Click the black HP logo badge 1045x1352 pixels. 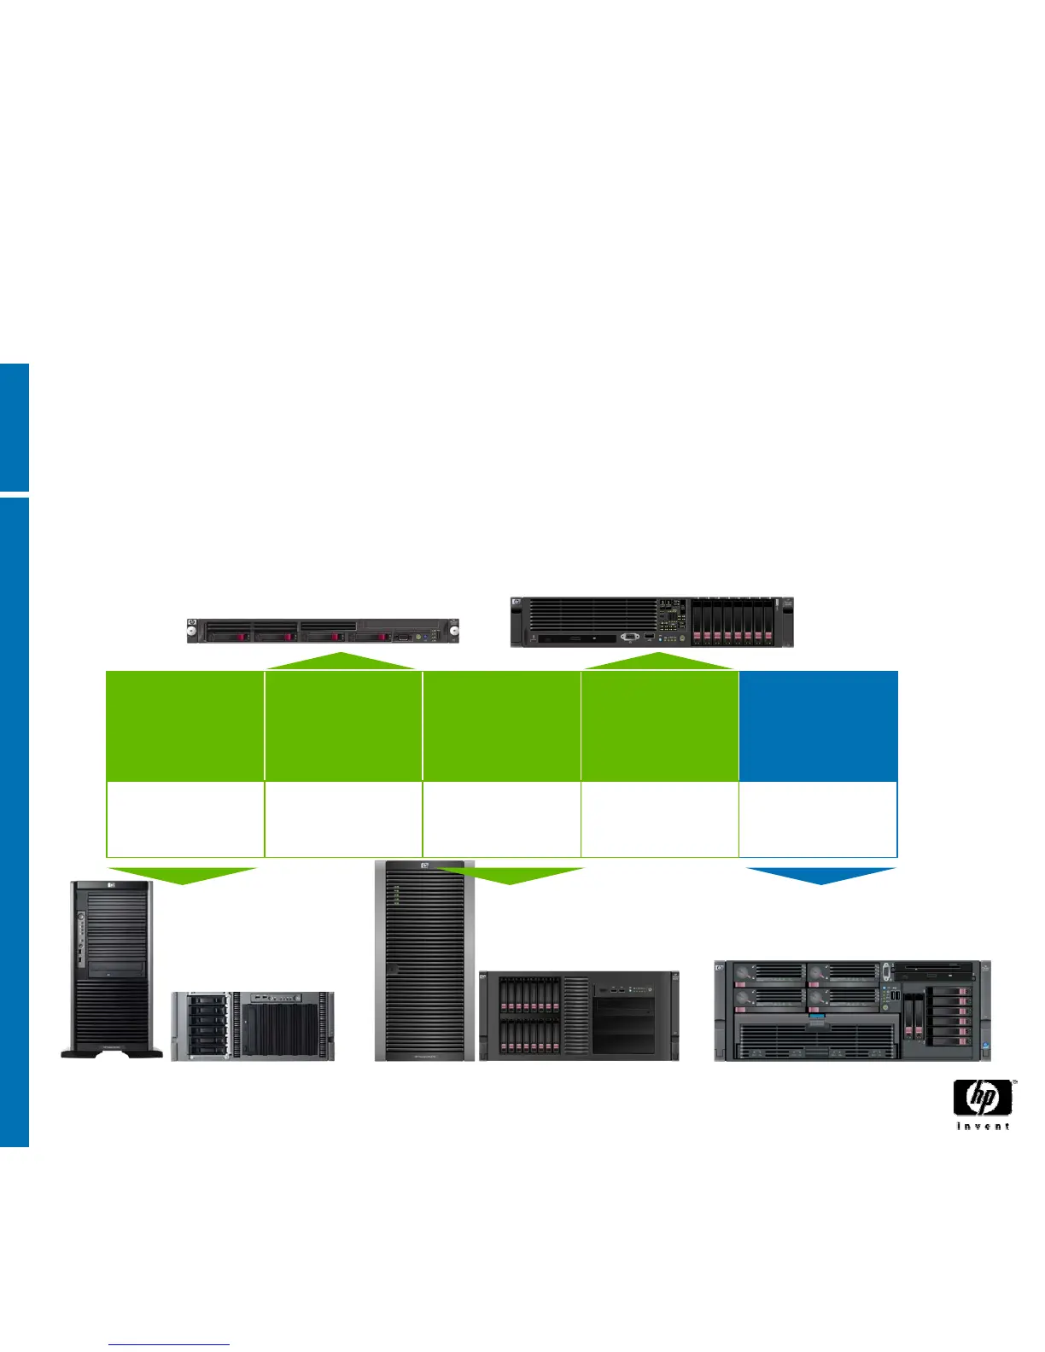coord(983,1098)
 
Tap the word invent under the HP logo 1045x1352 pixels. coord(983,1127)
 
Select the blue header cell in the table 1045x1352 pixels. coord(818,726)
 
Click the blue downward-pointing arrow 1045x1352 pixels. coord(821,875)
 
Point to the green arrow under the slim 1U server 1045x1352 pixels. coord(341,661)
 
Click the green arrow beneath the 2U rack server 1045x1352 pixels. coord(658,661)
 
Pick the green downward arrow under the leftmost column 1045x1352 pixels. coord(183,875)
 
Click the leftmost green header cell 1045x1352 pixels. coord(184,726)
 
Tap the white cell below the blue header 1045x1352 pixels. coord(818,819)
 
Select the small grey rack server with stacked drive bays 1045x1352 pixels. coord(253,1026)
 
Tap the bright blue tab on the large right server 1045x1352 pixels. coord(817,1019)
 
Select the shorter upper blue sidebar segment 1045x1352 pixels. coord(15,427)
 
